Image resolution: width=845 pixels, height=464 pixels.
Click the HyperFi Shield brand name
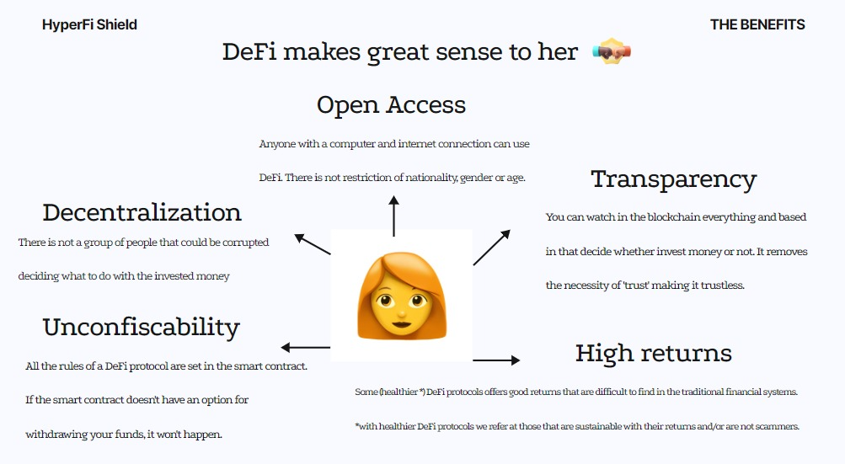tap(89, 24)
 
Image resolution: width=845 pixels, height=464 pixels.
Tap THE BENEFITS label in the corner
tap(757, 24)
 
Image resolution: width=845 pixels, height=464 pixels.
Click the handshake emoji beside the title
tap(612, 52)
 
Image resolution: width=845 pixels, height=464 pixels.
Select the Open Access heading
tap(391, 105)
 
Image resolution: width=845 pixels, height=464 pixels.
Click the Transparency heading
tap(673, 179)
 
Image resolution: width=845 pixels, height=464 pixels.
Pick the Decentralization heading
tap(142, 212)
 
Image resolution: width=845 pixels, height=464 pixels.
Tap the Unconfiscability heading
tap(141, 327)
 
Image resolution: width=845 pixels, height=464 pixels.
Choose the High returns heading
tap(653, 353)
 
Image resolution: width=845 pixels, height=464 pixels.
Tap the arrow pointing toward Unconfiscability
tap(305, 347)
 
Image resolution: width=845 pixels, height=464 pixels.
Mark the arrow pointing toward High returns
tap(496, 360)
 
